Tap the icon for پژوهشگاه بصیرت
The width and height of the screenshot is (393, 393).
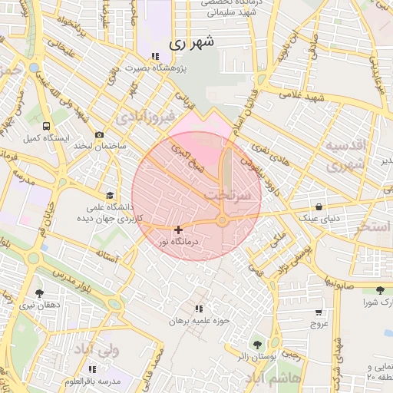[155, 56]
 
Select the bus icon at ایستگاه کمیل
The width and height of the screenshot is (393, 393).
[47, 126]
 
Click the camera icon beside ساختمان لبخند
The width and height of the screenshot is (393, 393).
[99, 135]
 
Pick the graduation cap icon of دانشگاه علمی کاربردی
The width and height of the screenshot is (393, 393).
[110, 195]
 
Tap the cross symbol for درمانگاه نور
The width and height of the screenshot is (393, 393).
[178, 230]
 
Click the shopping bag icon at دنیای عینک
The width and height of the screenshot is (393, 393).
[318, 206]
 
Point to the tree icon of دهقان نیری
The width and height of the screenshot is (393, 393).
[38, 293]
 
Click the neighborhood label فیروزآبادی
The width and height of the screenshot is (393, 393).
[146, 117]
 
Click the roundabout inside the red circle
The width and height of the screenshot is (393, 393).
[223, 221]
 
